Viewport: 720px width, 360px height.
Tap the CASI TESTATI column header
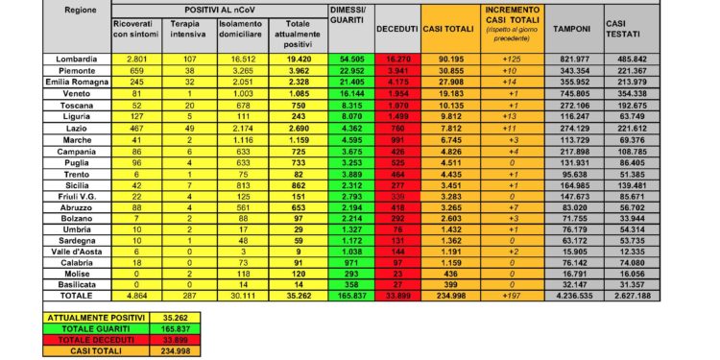click(x=619, y=27)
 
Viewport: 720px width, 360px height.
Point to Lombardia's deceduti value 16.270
click(x=396, y=60)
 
